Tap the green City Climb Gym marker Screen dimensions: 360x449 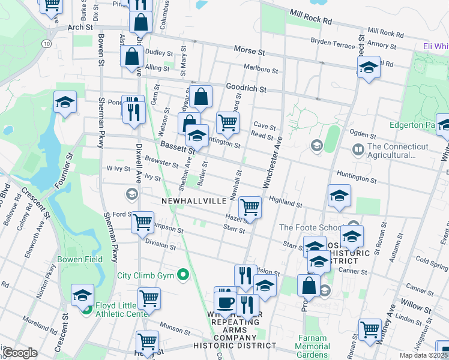pos(184,276)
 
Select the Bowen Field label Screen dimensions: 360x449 pos(80,260)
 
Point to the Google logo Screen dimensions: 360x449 pos(20,353)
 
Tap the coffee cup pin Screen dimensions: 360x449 pos(226,302)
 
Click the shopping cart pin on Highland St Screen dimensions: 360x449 pos(250,208)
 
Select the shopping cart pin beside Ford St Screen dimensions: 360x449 pos(142,222)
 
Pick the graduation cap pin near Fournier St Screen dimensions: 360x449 pos(65,103)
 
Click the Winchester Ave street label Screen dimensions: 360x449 pos(271,161)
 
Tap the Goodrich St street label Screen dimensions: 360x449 pos(246,88)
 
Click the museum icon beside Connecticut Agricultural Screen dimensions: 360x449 pos(358,148)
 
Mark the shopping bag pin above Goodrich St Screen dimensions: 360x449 pos(203,97)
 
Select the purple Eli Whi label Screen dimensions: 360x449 pos(435,46)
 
